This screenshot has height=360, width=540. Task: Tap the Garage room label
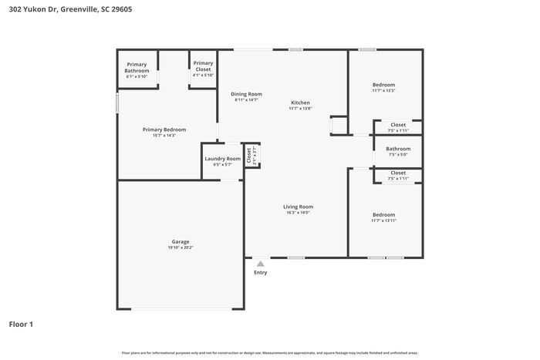point(180,241)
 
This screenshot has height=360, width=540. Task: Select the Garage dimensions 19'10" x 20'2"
point(180,247)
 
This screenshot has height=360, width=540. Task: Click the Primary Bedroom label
point(164,130)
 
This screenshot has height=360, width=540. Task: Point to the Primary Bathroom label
point(137,67)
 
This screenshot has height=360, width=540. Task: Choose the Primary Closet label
point(203,66)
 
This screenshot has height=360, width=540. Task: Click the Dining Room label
point(246,94)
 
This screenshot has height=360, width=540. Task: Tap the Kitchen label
point(300,103)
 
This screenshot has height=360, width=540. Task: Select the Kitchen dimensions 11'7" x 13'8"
point(300,109)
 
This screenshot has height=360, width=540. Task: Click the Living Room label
point(298,207)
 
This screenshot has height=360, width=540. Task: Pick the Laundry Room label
point(222,159)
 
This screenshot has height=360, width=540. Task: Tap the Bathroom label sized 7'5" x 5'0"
point(398,149)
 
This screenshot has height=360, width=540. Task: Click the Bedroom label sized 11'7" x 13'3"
point(383,85)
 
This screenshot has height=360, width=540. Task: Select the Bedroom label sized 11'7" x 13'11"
point(383,214)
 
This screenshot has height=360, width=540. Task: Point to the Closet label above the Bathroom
point(398,125)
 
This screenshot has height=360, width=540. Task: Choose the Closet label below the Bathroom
point(398,173)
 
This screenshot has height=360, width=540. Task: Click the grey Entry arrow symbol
point(261,264)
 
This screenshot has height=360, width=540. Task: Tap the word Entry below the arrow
point(261,272)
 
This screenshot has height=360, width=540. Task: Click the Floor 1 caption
point(21,324)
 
